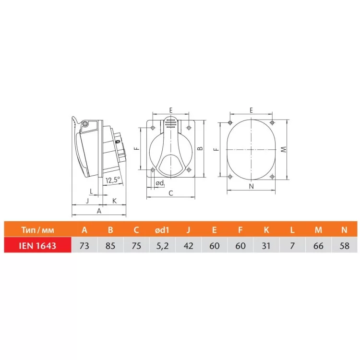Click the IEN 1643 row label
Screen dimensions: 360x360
tap(37, 246)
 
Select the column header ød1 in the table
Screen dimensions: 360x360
tap(162, 230)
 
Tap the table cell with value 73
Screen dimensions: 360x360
tap(84, 246)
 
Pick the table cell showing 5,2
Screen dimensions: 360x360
tap(162, 246)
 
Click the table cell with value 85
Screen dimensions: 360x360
tap(110, 246)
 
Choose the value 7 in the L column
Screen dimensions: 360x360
tap(292, 246)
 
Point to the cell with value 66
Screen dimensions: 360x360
tap(318, 246)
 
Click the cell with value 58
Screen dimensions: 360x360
tap(344, 246)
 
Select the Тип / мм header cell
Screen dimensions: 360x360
tap(37, 230)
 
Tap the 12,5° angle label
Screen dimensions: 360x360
tap(113, 180)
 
